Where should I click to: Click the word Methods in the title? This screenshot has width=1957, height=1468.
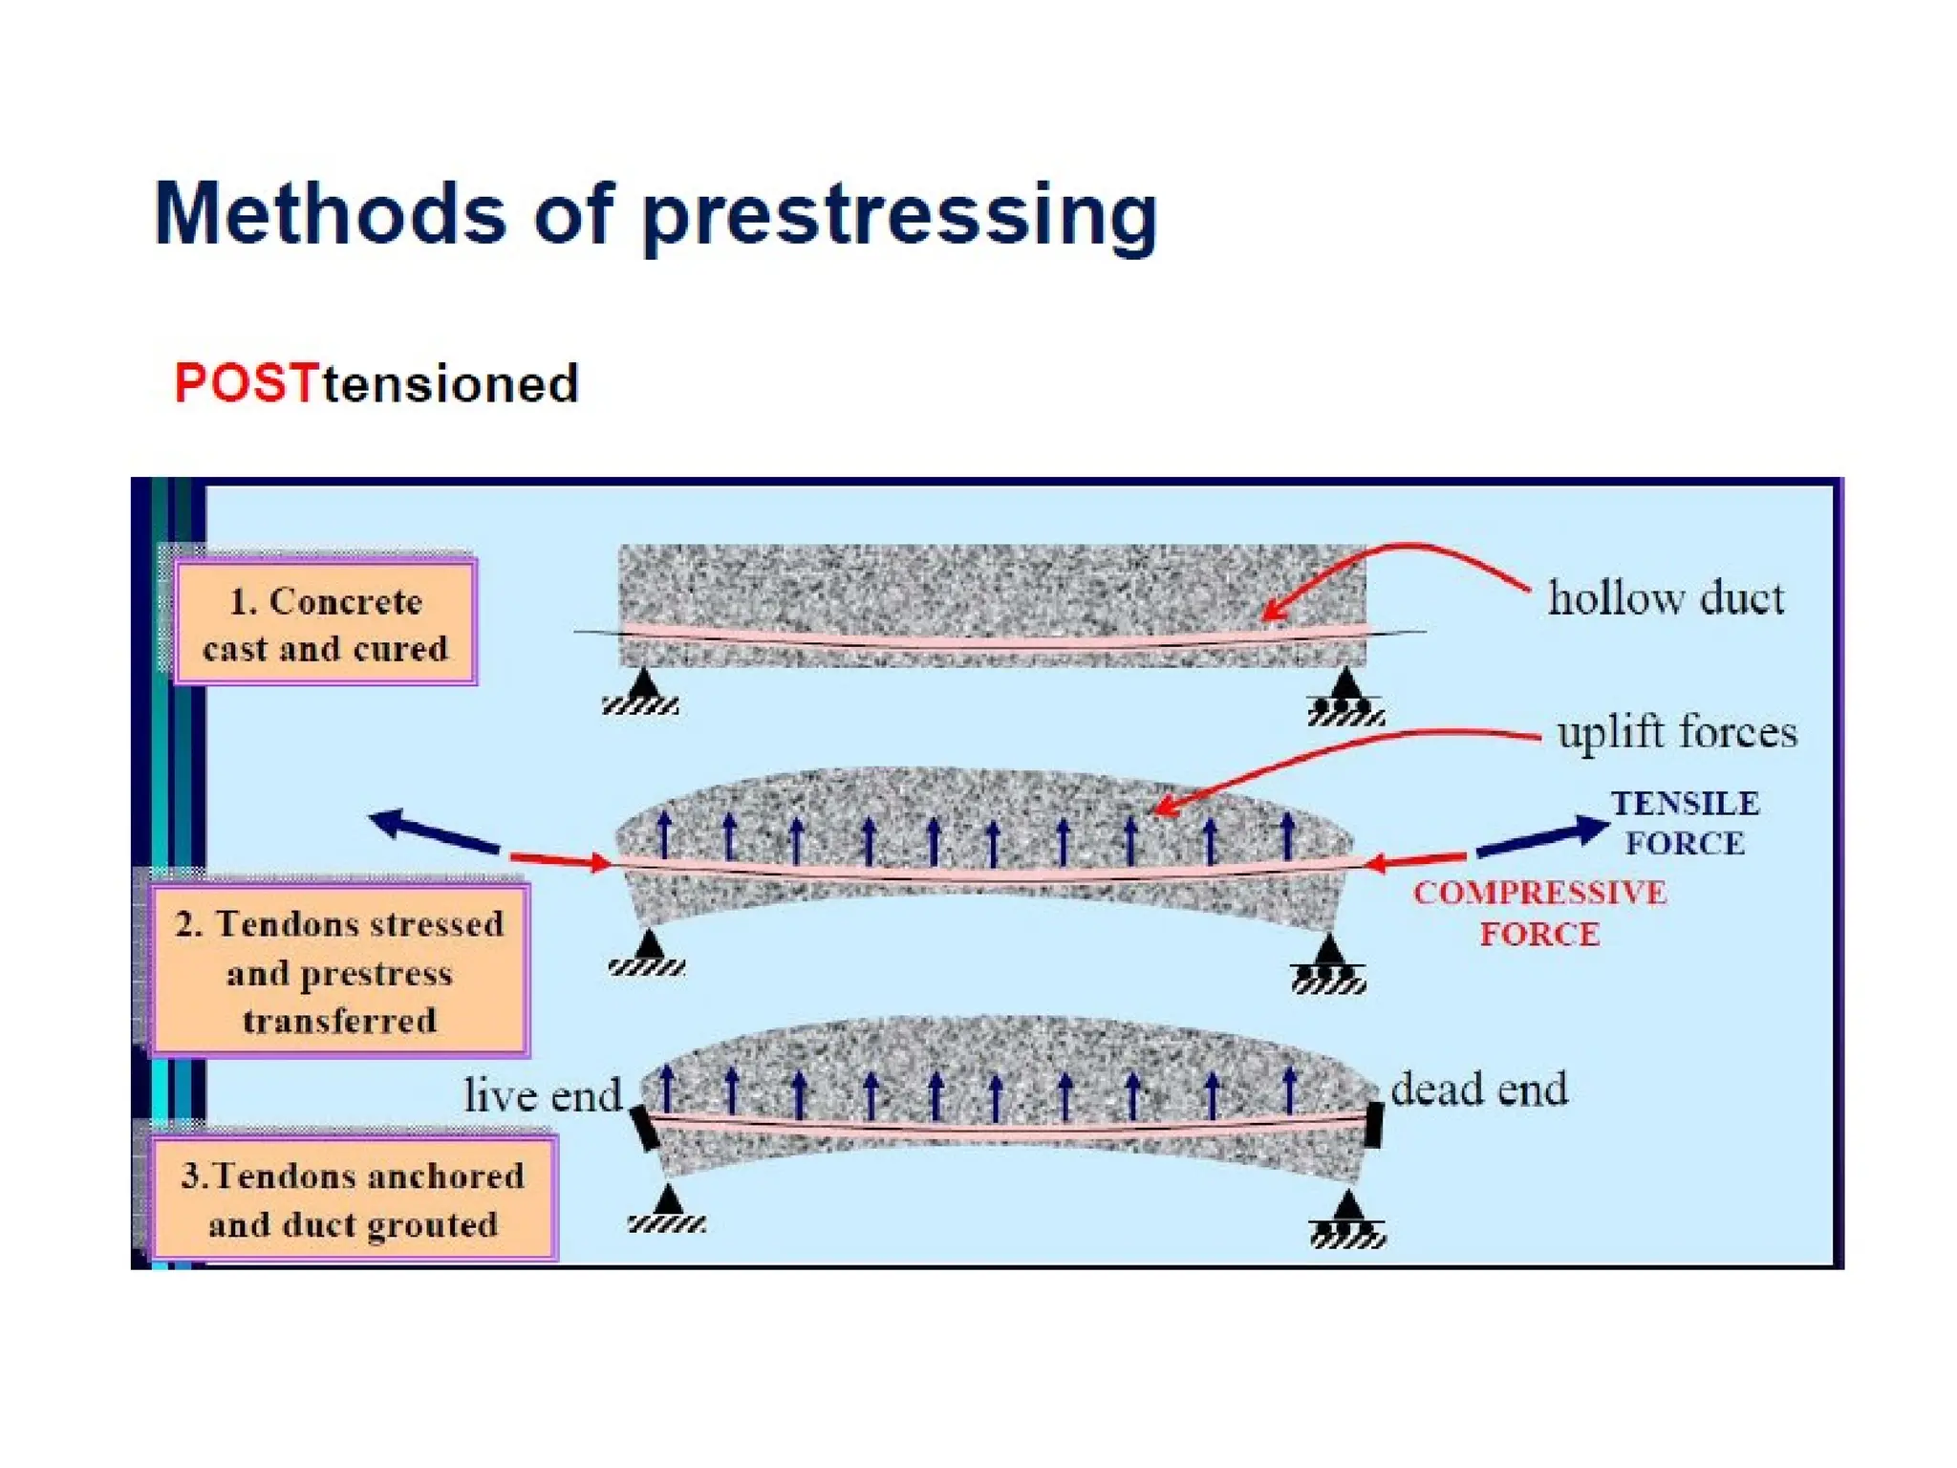click(329, 214)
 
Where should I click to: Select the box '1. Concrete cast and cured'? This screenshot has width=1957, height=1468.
click(325, 623)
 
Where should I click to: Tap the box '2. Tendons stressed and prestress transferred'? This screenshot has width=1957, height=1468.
click(339, 971)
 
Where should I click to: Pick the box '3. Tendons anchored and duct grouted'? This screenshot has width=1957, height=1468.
click(353, 1198)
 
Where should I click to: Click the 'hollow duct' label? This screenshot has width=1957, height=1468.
click(1665, 599)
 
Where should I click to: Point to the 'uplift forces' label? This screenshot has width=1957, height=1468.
click(1676, 733)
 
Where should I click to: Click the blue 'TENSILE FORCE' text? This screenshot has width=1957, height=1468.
click(1685, 823)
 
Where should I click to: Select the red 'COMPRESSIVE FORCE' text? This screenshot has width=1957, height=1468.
click(1539, 913)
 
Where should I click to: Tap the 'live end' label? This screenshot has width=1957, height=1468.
click(542, 1095)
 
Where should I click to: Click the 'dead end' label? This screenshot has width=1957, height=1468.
click(1478, 1090)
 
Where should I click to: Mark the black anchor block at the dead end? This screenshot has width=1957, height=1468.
click(1374, 1125)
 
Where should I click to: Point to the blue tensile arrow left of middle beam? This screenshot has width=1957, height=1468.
click(434, 831)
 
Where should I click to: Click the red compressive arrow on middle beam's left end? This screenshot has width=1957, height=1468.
click(560, 859)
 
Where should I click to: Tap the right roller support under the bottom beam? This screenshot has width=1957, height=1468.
click(1347, 1220)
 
